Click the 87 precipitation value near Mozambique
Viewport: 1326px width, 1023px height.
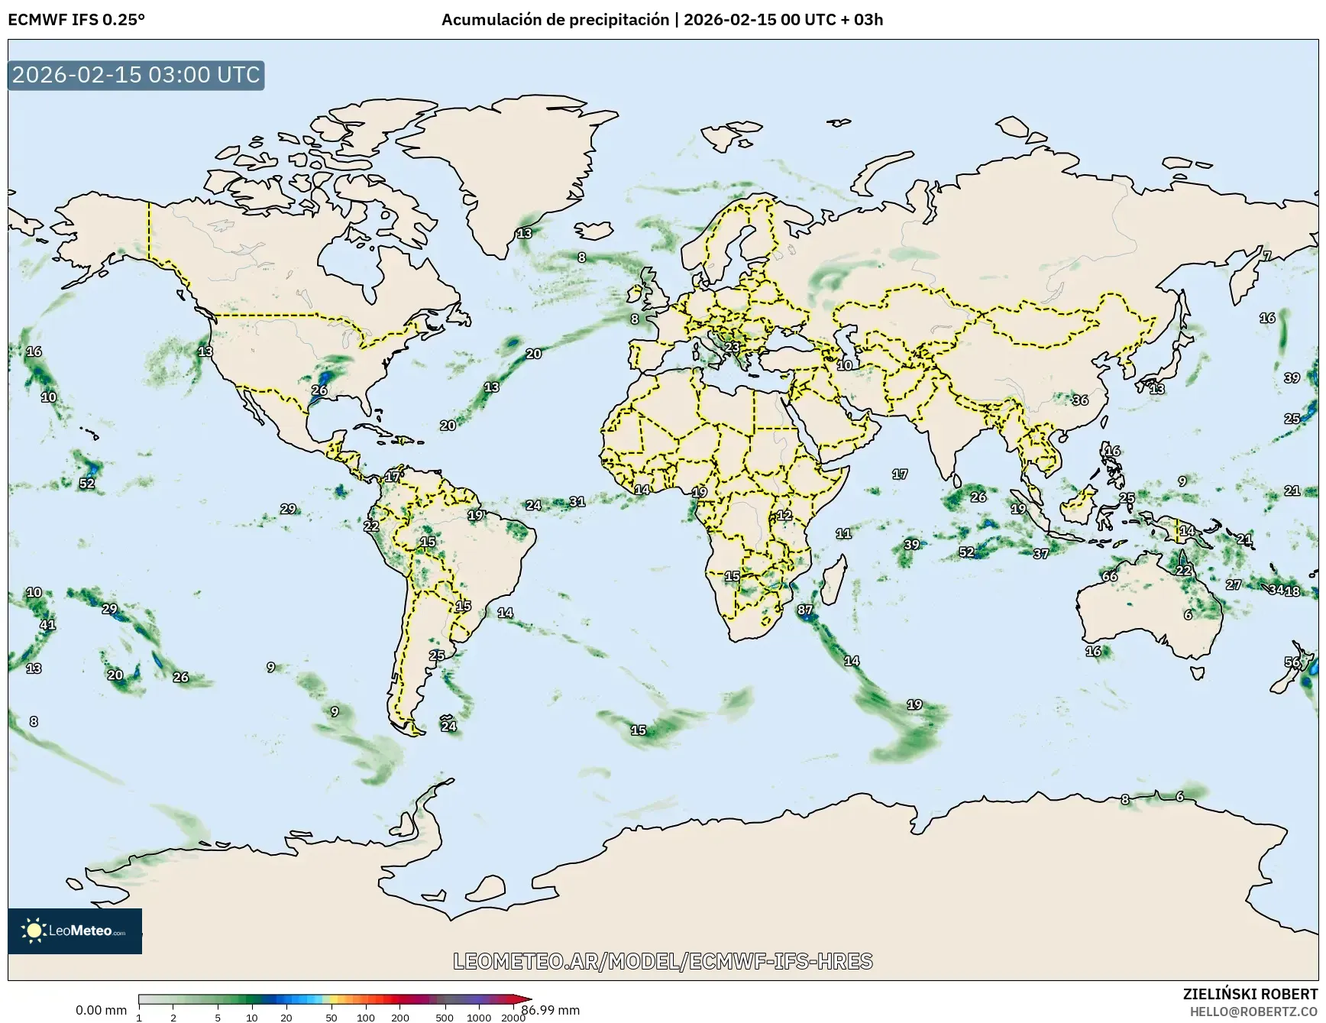coord(805,610)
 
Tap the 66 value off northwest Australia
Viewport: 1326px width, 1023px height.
coord(1110,576)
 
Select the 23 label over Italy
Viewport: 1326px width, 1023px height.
coord(732,347)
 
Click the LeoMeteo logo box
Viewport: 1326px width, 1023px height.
coord(75,931)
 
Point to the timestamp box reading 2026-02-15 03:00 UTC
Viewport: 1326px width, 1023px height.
coord(136,75)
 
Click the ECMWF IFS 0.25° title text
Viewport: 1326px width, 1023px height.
coord(76,20)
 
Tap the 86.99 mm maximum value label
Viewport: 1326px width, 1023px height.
coord(551,1010)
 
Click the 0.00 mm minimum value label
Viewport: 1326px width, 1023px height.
coord(101,1010)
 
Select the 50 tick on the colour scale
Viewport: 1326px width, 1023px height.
coord(331,1018)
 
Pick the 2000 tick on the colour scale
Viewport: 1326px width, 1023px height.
coord(513,1018)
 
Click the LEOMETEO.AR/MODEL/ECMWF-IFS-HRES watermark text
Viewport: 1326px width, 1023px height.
coord(663,961)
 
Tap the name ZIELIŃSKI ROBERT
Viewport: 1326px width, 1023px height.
coord(1250,994)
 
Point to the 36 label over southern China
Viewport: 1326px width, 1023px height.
coord(1080,400)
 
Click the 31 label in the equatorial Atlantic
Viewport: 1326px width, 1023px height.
coord(577,501)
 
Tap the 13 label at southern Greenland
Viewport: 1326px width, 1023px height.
coord(524,233)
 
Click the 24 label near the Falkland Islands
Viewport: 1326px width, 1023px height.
coord(449,726)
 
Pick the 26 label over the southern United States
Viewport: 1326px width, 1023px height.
coord(319,390)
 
